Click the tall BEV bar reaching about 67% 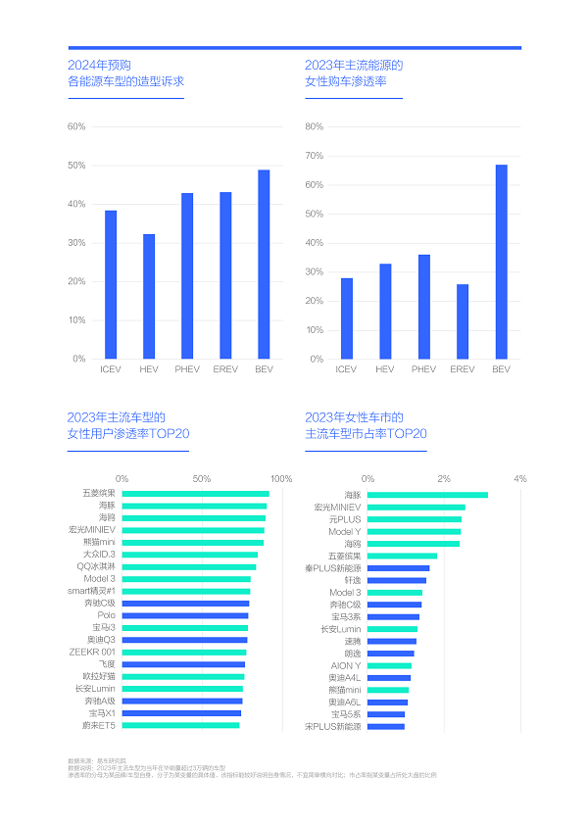[501, 262]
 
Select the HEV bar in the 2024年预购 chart [149, 296]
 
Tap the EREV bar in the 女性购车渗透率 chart [463, 321]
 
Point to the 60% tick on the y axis [76, 127]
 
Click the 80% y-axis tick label [315, 127]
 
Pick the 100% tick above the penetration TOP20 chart [281, 479]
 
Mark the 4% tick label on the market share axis [520, 479]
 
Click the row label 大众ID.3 [99, 555]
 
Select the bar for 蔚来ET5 [181, 726]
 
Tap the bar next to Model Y [415, 531]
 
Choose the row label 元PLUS [345, 519]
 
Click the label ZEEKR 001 [92, 653]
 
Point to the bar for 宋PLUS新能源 [386, 727]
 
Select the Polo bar [185, 615]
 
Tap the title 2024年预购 [99, 65]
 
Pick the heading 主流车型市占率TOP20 [366, 433]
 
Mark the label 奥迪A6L [344, 703]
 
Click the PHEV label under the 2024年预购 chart [186, 369]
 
